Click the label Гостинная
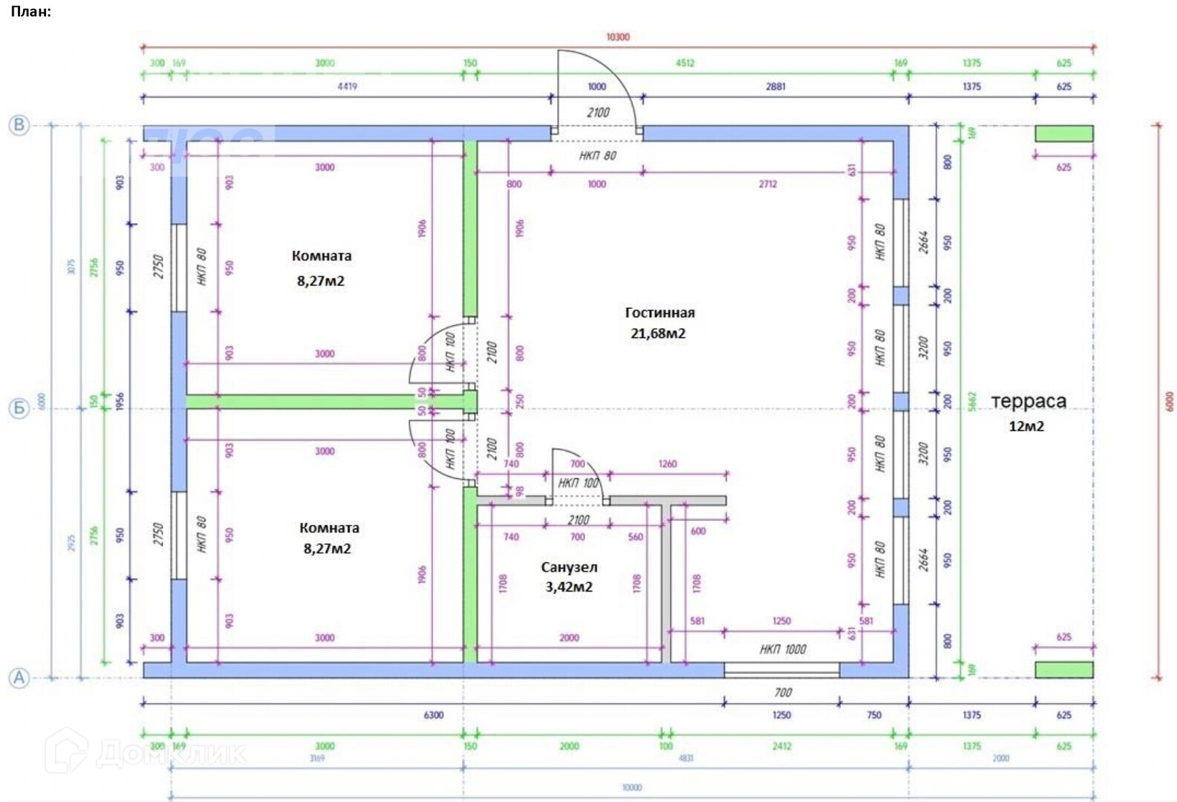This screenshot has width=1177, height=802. pos(659,313)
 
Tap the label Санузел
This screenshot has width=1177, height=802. pos(569,567)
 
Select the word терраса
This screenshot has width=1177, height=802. pos(1028,402)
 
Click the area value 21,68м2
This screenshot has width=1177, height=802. pos(658,333)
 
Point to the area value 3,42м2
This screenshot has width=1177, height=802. pos(569,587)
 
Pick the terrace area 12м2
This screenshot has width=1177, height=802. pos(1026,426)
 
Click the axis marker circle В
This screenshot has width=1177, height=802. pos(19,125)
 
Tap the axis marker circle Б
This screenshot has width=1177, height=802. pos(19,408)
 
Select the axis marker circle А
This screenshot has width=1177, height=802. pos(19,677)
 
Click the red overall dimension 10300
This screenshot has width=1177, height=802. pos(618,37)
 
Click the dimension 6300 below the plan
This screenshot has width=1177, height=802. pos(434,715)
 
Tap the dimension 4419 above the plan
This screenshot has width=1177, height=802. pos(347,86)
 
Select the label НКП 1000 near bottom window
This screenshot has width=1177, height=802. pos(783,650)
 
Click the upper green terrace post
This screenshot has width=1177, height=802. pos(1064,134)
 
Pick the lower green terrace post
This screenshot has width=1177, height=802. pos(1064,670)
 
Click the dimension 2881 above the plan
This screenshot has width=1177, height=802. pos(775,86)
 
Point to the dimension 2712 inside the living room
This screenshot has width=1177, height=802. pos(768,184)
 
